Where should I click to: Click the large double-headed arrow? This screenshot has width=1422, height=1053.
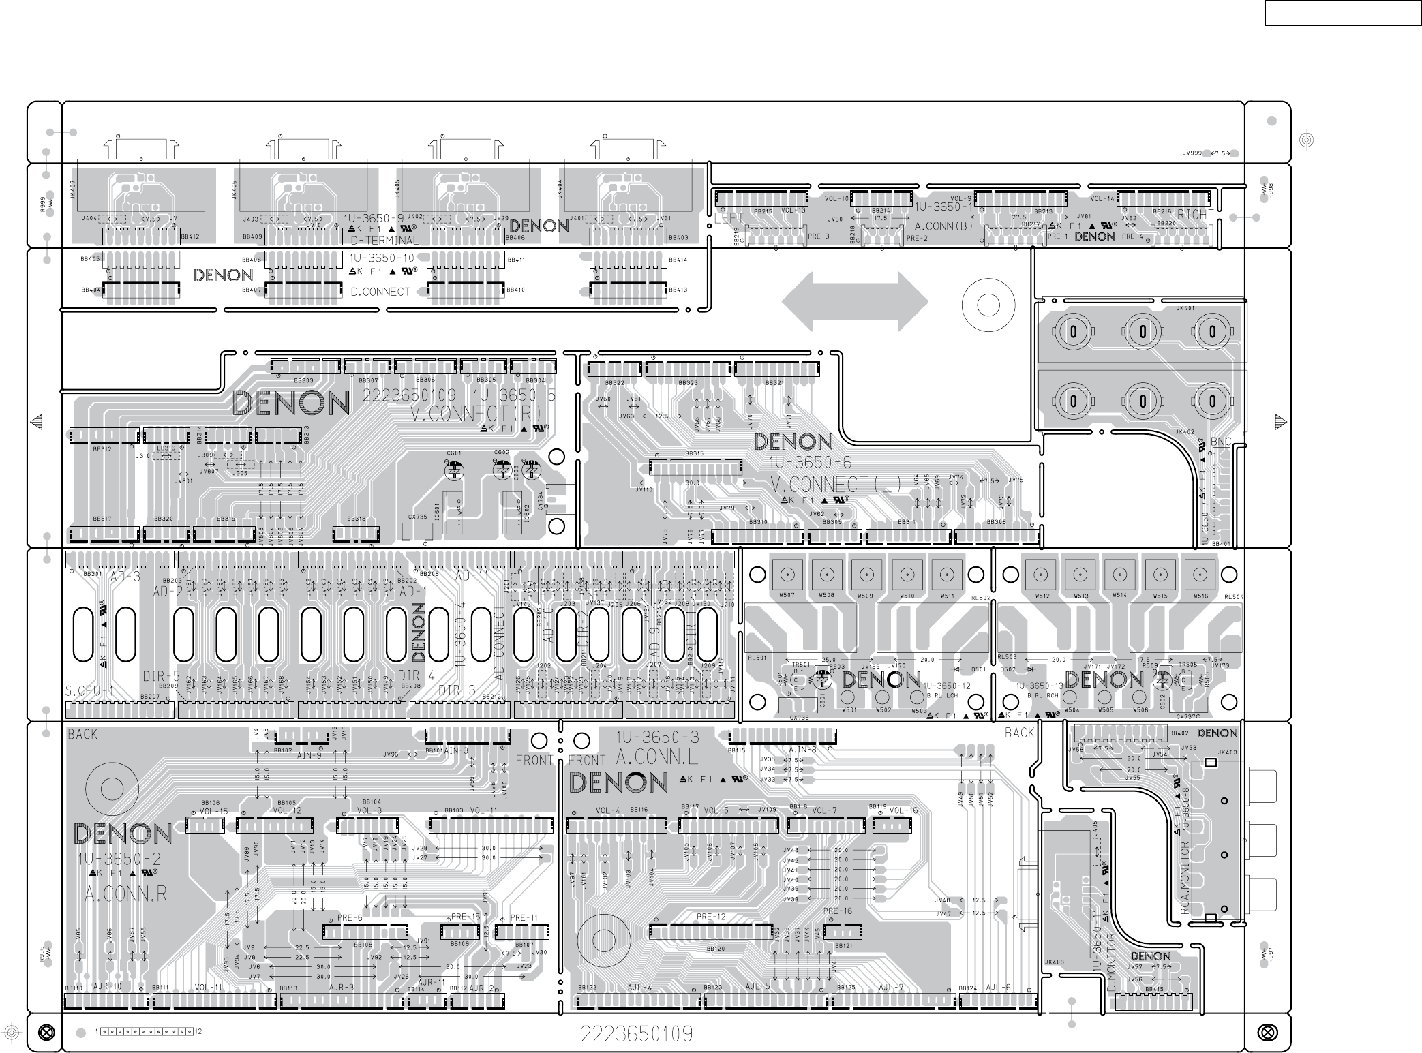pyautogui.click(x=855, y=302)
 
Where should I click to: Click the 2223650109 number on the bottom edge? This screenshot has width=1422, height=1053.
pyautogui.click(x=637, y=1034)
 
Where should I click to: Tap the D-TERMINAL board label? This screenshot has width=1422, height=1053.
pyautogui.click(x=384, y=241)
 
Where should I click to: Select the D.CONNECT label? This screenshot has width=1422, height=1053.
pyautogui.click(x=380, y=292)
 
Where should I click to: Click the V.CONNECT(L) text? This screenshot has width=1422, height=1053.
pyautogui.click(x=836, y=484)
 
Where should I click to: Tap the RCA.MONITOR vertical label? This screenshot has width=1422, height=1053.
pyautogui.click(x=1185, y=879)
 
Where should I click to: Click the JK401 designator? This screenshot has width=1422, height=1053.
pyautogui.click(x=1185, y=308)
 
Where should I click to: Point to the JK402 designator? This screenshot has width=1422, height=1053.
pyautogui.click(x=1185, y=432)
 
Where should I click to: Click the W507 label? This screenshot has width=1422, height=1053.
pyautogui.click(x=787, y=596)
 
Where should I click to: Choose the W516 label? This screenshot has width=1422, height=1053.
pyautogui.click(x=1200, y=596)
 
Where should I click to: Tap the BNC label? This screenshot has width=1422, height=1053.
pyautogui.click(x=1220, y=442)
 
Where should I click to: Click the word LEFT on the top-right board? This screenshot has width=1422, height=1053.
pyautogui.click(x=729, y=219)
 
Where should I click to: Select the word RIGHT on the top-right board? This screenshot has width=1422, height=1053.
pyautogui.click(x=1196, y=215)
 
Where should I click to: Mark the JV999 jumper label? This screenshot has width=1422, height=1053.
pyautogui.click(x=1192, y=153)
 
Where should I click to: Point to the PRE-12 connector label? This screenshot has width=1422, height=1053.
pyautogui.click(x=711, y=917)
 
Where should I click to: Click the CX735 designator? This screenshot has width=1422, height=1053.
pyautogui.click(x=417, y=517)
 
